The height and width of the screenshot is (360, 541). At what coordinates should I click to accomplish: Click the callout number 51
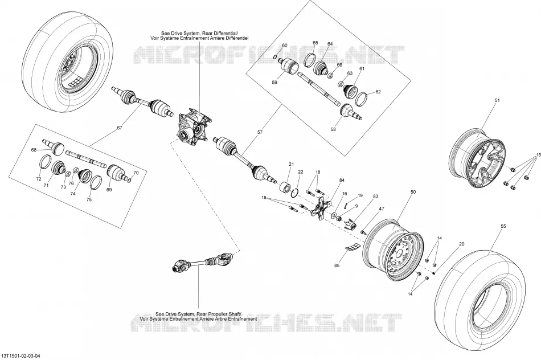[497, 100]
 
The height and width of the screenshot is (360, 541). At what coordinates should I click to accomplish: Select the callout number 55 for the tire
[503, 226]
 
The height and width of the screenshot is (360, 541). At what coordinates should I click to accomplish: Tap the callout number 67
[120, 128]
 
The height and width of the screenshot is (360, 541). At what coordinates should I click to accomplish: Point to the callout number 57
[260, 132]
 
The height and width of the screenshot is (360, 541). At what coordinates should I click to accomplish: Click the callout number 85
[337, 265]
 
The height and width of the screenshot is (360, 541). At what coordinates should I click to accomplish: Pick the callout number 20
[462, 244]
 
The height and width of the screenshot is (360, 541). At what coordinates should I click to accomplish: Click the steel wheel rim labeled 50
[392, 246]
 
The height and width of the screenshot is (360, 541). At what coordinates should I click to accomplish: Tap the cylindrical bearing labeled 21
[285, 187]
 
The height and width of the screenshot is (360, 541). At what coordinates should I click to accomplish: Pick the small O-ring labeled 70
[129, 180]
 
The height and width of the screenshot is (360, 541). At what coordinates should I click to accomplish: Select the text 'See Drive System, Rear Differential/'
[199, 33]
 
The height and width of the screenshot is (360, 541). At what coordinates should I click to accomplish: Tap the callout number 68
[34, 150]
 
